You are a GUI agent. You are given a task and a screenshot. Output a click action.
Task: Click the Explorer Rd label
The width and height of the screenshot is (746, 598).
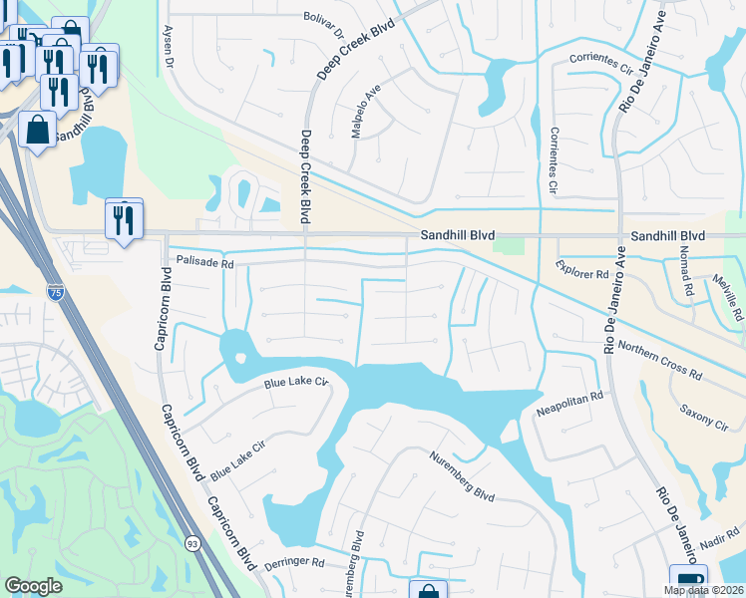pos(582,269)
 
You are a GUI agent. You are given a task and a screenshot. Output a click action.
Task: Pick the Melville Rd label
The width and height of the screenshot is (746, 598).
pos(730,298)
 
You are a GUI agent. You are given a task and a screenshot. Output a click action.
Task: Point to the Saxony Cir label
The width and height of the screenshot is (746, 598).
pos(703,417)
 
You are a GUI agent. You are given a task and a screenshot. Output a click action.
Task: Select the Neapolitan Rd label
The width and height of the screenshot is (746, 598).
pos(570,397)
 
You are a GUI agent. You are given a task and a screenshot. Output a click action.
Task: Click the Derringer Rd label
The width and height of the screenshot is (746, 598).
pos(295,563)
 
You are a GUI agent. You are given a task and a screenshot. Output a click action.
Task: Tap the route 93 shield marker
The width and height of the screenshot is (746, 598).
pos(192,543)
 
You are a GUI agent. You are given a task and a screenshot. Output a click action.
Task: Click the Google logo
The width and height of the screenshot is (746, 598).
pos(34,586)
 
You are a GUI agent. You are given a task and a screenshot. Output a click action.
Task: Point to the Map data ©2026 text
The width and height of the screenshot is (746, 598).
pos(704,590)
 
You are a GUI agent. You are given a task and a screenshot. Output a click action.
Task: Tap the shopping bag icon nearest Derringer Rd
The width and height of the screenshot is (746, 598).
pos(428,591)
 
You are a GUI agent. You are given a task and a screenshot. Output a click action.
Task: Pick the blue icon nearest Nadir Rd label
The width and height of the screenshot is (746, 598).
pos(688,581)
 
